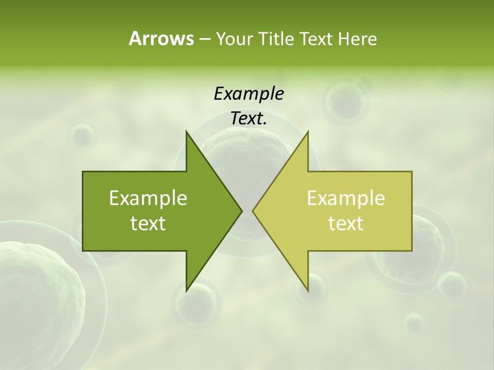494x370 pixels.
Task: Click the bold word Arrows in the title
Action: (x=161, y=39)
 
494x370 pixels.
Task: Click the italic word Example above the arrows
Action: (x=249, y=94)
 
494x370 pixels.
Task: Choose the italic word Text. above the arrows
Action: (x=249, y=118)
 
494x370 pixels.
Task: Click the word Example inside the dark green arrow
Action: (x=148, y=198)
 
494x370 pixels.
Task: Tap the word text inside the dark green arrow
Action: (x=148, y=224)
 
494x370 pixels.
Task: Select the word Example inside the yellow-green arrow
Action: (x=346, y=198)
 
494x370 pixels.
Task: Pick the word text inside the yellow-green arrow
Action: (x=346, y=224)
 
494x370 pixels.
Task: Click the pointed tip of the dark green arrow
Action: (x=241, y=211)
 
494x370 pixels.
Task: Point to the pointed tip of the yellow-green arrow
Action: (x=253, y=211)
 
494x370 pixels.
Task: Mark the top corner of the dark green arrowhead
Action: (x=187, y=132)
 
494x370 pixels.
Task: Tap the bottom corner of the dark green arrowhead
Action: (x=187, y=290)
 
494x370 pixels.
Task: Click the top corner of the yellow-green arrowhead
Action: (x=308, y=132)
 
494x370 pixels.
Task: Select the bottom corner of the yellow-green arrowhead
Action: (x=308, y=290)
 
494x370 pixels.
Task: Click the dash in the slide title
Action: (x=204, y=39)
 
